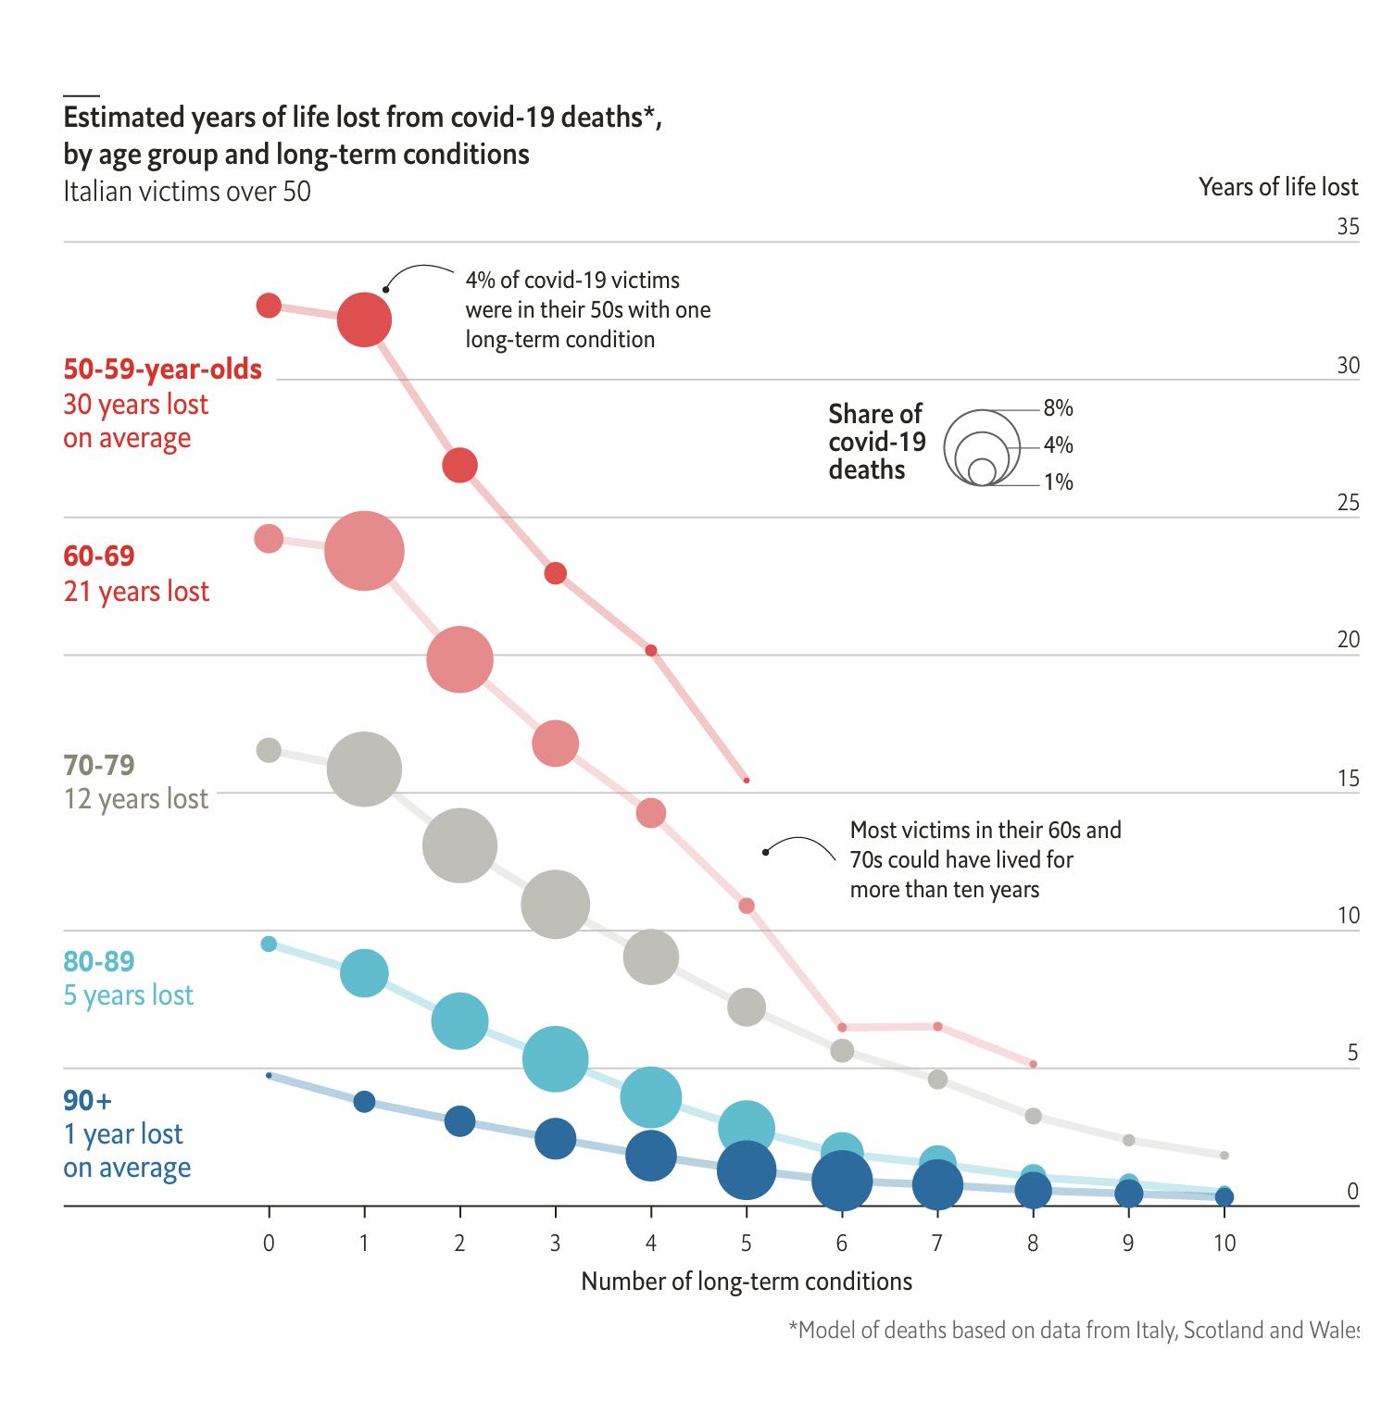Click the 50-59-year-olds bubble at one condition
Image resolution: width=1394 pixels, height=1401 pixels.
click(364, 319)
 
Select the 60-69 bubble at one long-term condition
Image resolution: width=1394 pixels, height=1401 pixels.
click(364, 551)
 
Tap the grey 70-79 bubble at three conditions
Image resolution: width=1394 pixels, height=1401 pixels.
click(555, 905)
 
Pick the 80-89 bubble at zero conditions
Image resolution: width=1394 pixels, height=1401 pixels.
click(269, 944)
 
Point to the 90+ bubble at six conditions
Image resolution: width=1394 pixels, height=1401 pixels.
click(842, 1181)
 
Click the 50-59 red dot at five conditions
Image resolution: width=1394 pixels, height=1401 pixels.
click(747, 781)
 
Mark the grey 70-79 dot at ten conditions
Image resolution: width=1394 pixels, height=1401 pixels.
click(1224, 1155)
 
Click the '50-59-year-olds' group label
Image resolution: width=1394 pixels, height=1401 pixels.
click(162, 369)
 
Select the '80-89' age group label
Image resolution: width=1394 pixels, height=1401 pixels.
click(99, 961)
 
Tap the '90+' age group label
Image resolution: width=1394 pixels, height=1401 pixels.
click(87, 1100)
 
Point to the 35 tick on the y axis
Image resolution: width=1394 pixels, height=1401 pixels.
click(1348, 227)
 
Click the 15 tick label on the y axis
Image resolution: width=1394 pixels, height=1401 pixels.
click(1348, 778)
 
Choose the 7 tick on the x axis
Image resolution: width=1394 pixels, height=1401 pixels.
click(937, 1243)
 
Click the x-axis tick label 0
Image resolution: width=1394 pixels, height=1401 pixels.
click(269, 1243)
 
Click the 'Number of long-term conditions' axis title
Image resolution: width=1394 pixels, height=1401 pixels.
click(746, 1282)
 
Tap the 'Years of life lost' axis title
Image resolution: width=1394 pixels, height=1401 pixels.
click(1277, 187)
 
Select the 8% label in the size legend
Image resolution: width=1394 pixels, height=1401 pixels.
click(1058, 408)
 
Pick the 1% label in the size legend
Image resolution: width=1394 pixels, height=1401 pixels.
click(1058, 482)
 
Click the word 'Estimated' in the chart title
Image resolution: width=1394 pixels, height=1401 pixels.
click(123, 118)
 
